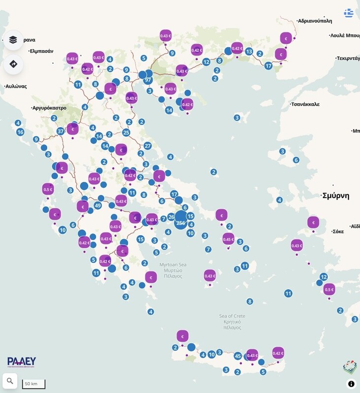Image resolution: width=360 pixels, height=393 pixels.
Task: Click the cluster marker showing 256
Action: tap(180, 223)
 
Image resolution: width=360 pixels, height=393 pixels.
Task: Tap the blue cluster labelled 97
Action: tap(148, 80)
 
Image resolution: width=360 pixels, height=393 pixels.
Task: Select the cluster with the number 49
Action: tap(97, 206)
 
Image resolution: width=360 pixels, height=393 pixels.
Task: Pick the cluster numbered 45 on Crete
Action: tap(238, 356)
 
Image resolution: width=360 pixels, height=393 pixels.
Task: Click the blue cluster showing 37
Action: tap(60, 131)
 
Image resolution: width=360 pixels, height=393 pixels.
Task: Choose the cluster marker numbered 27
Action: tap(148, 145)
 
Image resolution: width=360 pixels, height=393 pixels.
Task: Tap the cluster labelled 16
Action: tap(20, 132)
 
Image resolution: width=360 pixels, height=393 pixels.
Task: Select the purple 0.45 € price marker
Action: tap(228, 239)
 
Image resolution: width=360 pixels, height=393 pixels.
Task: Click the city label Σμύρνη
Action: tap(335, 196)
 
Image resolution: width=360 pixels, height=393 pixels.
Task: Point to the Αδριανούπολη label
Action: tap(315, 21)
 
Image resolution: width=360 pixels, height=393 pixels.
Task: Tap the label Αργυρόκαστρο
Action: tap(49, 108)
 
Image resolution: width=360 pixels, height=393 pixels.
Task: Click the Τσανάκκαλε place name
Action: tap(305, 104)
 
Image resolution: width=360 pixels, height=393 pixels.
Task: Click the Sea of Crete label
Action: tap(232, 316)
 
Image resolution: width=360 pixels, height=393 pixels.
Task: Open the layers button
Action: tap(13, 40)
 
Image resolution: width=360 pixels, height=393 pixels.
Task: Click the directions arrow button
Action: tap(13, 64)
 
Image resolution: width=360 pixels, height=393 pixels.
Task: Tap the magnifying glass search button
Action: tap(10, 381)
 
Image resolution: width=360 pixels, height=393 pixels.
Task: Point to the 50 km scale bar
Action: tap(33, 384)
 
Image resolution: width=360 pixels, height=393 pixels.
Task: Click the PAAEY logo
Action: tap(22, 362)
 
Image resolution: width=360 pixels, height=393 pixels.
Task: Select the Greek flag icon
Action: tap(349, 13)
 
